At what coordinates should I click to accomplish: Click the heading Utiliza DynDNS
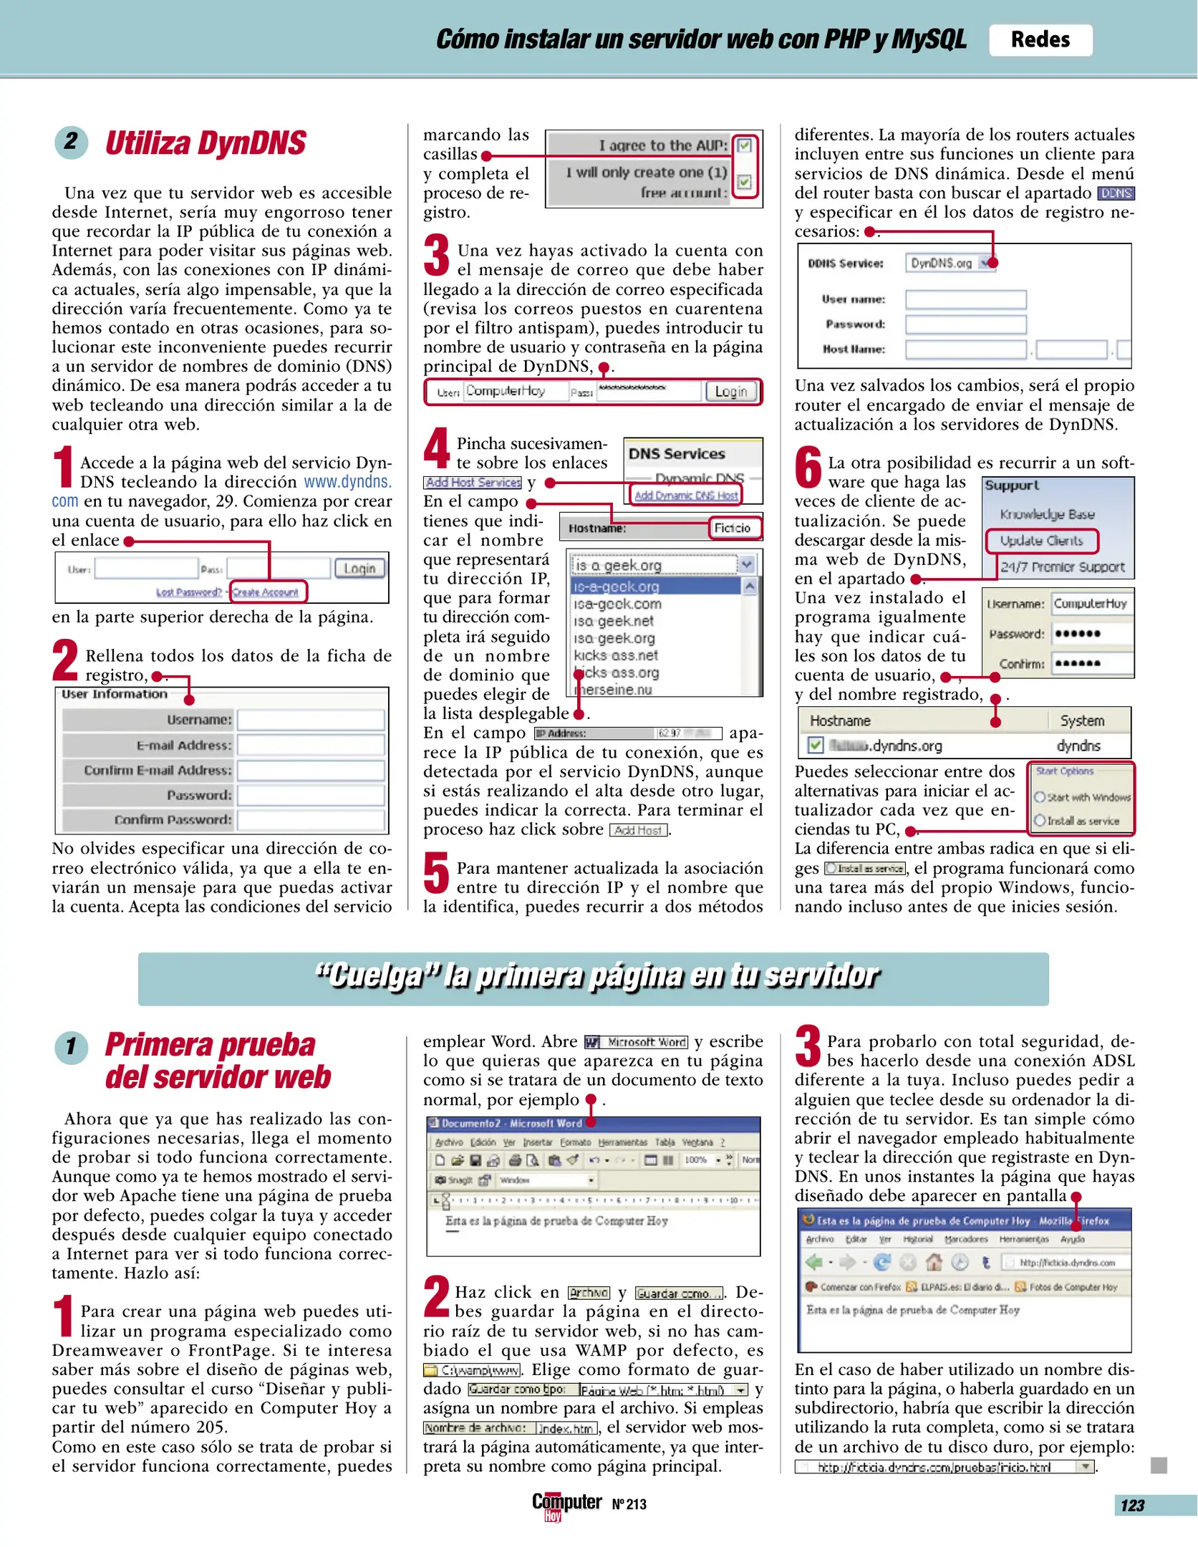(x=205, y=143)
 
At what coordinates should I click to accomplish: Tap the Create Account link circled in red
(x=266, y=592)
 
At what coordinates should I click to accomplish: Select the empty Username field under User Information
(x=310, y=720)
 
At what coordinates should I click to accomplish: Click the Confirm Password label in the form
(x=173, y=819)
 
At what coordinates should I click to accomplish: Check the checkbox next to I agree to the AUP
(x=744, y=146)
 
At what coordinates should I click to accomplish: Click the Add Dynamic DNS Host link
(x=685, y=495)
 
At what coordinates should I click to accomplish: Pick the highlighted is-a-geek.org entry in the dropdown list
(x=654, y=586)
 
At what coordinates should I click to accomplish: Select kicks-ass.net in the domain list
(x=616, y=655)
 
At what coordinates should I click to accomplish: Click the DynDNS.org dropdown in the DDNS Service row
(x=950, y=263)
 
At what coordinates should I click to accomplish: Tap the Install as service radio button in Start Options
(x=1040, y=821)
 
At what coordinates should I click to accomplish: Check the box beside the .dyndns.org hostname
(x=815, y=745)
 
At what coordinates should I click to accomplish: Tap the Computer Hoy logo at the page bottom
(x=565, y=1504)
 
